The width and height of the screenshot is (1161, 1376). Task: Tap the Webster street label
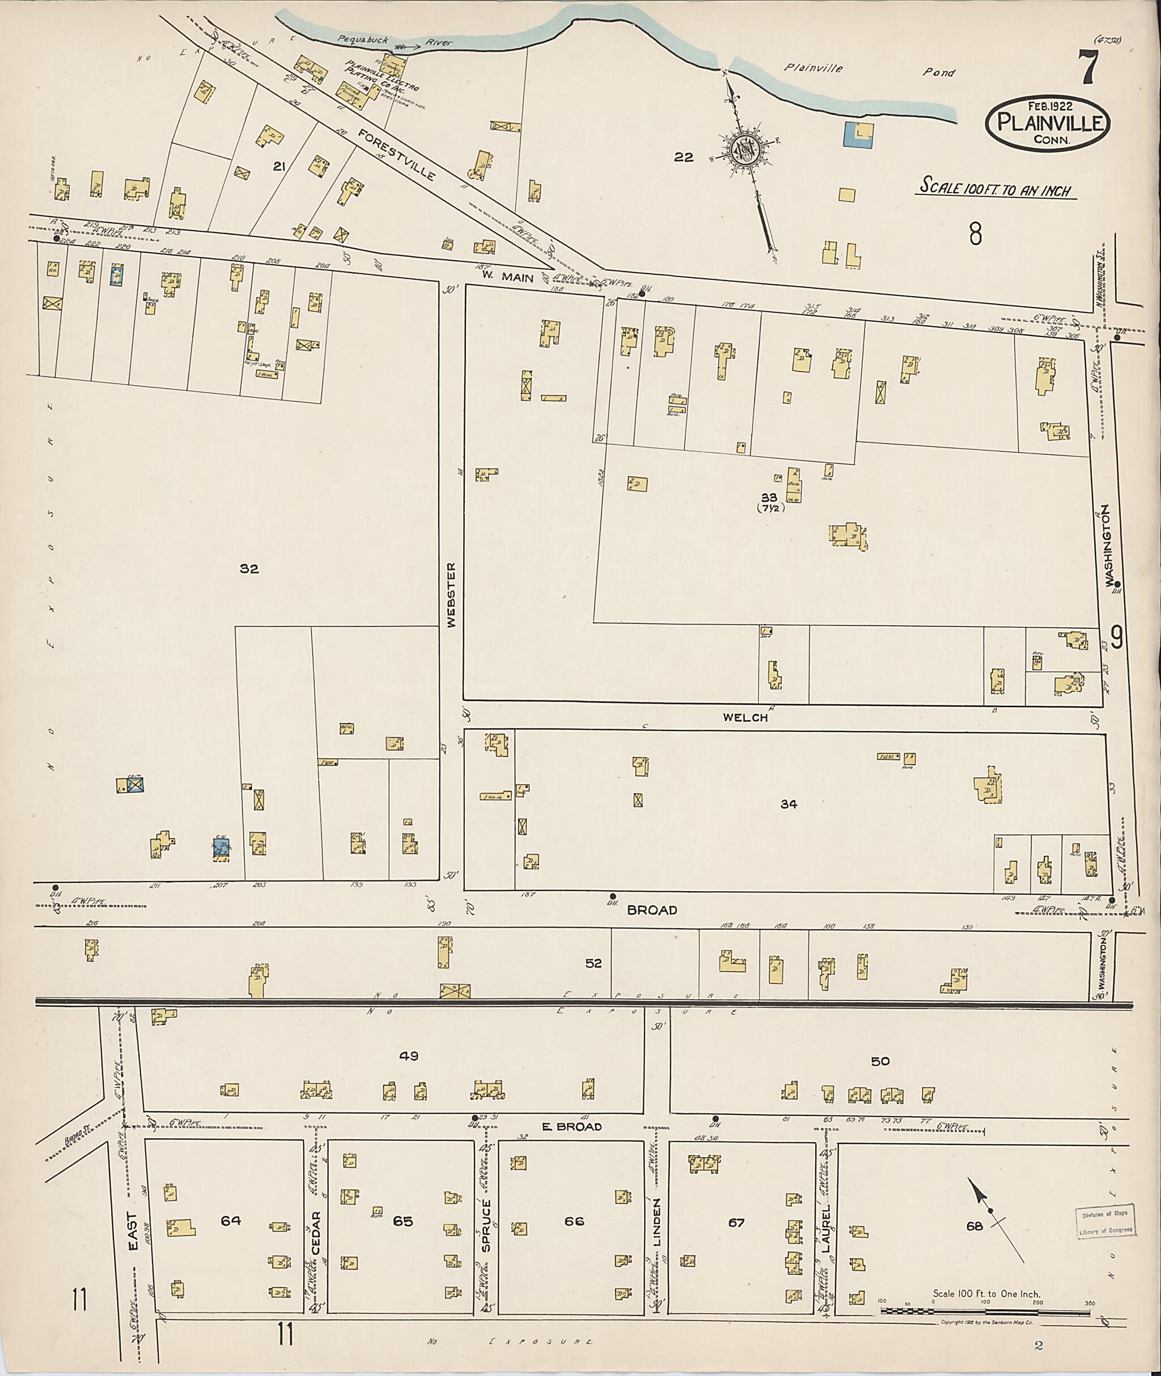[x=451, y=595]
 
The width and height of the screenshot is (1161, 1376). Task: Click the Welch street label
[x=745, y=718]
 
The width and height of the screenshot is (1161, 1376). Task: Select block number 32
[x=249, y=569]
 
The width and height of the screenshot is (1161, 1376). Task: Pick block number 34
[x=789, y=804]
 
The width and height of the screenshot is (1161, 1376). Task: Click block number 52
[x=593, y=963]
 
